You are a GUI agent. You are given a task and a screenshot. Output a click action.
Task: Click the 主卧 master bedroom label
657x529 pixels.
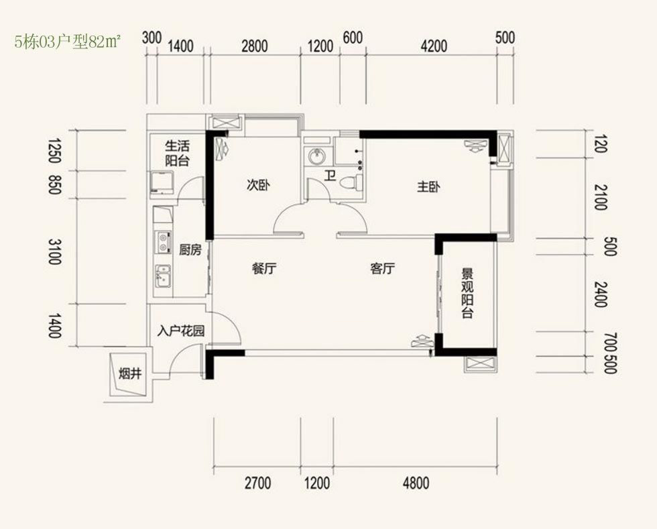click(428, 187)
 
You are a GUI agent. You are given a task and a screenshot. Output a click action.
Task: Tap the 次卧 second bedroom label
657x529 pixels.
click(257, 185)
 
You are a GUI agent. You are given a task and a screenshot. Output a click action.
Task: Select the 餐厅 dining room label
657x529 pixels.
click(264, 268)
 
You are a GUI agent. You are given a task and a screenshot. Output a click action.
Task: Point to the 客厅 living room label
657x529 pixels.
click(383, 268)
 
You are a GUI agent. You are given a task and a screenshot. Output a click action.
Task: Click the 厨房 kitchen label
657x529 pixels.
click(190, 250)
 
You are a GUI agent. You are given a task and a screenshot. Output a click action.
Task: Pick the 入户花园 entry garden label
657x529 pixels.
click(181, 331)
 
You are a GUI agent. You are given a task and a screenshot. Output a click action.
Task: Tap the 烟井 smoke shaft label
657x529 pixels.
click(130, 373)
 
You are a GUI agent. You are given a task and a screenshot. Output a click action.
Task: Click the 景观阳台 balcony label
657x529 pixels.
click(467, 294)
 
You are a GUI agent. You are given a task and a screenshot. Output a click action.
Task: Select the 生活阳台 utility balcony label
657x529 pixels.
click(177, 153)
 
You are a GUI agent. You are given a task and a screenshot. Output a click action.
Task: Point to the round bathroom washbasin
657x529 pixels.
click(316, 157)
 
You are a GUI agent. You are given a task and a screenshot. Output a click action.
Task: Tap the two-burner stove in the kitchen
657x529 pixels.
click(163, 242)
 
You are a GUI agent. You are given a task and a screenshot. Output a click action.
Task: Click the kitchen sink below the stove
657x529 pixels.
click(163, 276)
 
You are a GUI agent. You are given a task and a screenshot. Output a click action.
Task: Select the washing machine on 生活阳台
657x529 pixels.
click(162, 183)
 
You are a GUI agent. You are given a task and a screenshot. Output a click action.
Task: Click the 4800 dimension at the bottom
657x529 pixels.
click(416, 483)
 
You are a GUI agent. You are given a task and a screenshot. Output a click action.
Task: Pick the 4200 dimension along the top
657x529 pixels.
click(434, 46)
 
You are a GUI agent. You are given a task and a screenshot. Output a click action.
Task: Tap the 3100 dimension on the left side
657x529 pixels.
click(55, 251)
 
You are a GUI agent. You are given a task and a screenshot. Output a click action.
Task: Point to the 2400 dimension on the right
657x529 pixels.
click(601, 294)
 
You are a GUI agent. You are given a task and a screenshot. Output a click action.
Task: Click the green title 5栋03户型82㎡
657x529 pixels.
click(68, 42)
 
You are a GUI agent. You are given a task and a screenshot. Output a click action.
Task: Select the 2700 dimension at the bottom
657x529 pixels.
click(257, 483)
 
